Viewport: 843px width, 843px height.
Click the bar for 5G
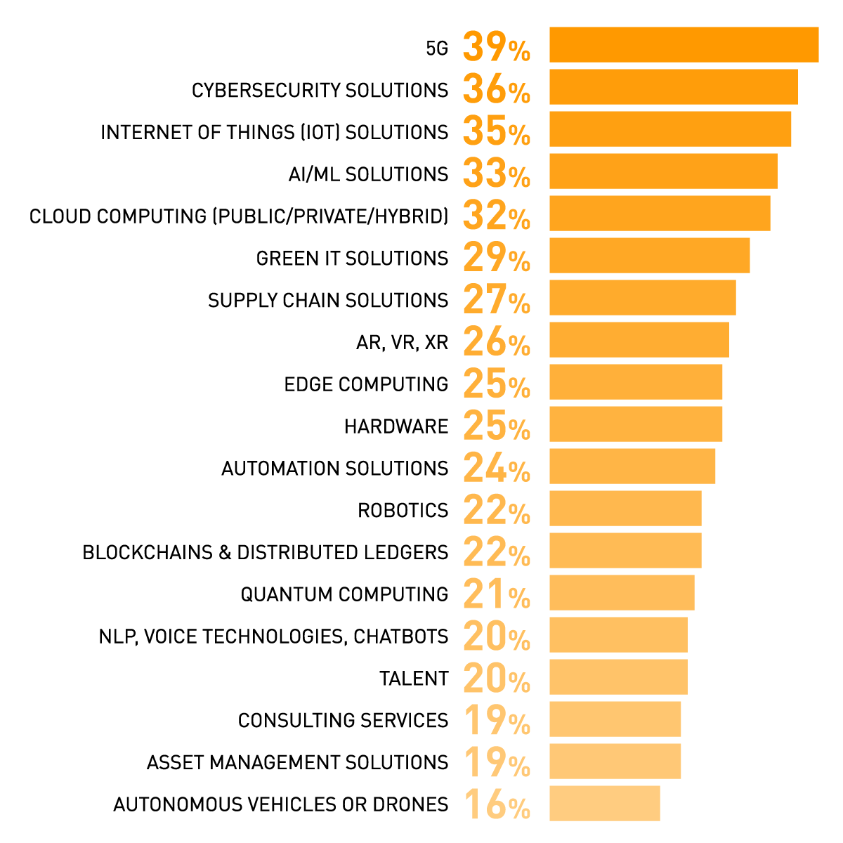click(x=684, y=45)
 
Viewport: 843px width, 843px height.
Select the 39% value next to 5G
click(x=496, y=47)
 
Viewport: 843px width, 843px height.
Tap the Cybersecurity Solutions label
click(x=320, y=91)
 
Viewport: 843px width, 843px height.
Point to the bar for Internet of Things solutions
click(x=670, y=129)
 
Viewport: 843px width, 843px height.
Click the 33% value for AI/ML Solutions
click(x=496, y=174)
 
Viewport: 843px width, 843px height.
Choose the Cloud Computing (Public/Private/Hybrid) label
click(x=239, y=216)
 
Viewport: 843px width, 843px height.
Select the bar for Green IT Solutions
click(x=649, y=256)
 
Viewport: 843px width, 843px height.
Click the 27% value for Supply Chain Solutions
click(x=496, y=300)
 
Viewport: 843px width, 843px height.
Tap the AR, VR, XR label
click(x=402, y=343)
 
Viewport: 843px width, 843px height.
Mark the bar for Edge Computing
click(x=636, y=382)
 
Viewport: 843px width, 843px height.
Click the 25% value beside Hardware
click(x=496, y=426)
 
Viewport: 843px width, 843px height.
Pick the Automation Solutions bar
click(x=632, y=466)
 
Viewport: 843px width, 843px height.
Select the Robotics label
click(x=403, y=511)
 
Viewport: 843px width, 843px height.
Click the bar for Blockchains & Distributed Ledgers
click(x=625, y=551)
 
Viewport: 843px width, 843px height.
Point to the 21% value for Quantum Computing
click(x=496, y=595)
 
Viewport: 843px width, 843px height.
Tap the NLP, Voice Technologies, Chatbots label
click(x=273, y=637)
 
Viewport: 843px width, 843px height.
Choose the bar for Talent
click(x=618, y=677)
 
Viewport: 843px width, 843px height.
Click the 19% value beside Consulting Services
click(x=496, y=721)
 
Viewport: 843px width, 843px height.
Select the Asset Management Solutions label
click(x=297, y=763)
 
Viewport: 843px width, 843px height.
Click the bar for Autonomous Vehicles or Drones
click(x=605, y=804)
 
